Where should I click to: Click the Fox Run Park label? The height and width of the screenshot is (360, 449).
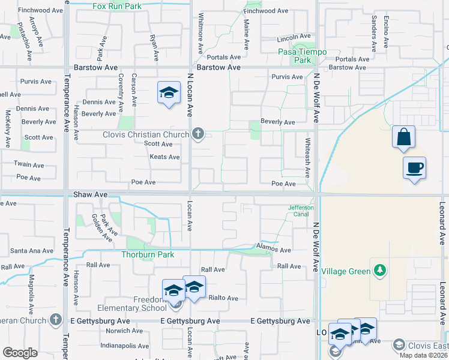(116, 7)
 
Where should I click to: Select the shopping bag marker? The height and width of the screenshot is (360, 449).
(404, 137)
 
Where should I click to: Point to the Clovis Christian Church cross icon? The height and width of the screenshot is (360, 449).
(198, 134)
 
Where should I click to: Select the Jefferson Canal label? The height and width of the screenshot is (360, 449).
(301, 211)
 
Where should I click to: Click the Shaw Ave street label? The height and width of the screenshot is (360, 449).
(90, 195)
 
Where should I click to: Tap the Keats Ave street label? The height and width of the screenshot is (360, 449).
(164, 157)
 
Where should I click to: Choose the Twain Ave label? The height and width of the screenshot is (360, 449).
(30, 164)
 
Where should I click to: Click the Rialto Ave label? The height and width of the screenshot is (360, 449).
(223, 298)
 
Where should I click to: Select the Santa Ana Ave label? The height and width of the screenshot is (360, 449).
(32, 251)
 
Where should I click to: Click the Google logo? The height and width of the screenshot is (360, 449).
(20, 353)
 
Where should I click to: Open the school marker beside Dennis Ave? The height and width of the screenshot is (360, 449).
(169, 93)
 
